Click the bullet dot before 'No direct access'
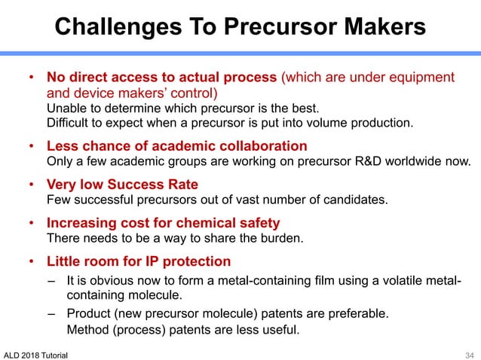[31, 78]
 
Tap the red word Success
[139, 185]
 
